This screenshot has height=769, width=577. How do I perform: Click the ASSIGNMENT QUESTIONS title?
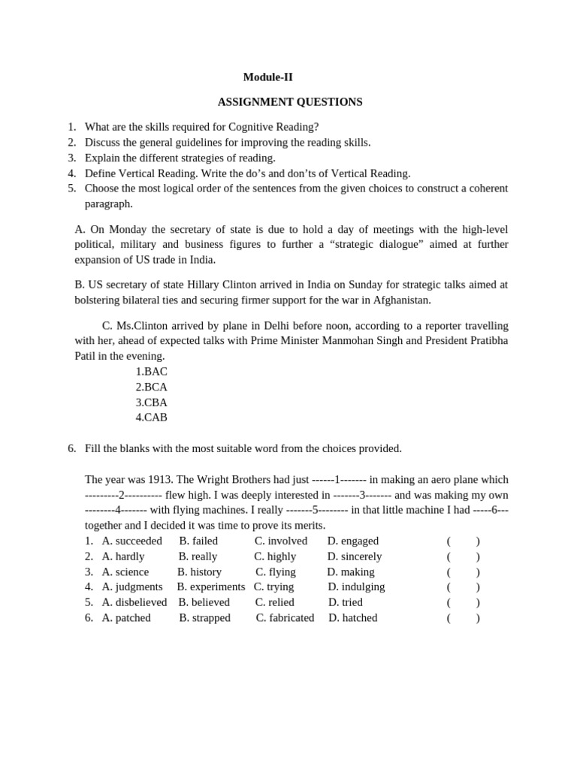[x=290, y=101]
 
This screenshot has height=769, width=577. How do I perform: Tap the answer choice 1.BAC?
[x=151, y=372]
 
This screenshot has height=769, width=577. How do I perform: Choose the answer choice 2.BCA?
[x=151, y=387]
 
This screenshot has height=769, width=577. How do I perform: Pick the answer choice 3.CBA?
[x=151, y=403]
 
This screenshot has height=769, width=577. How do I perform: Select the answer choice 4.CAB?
[x=151, y=418]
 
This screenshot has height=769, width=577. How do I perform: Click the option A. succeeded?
[x=131, y=541]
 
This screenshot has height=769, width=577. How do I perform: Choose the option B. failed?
[x=198, y=541]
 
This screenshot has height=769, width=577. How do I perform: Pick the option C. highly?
[x=275, y=556]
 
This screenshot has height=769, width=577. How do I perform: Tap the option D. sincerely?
[x=355, y=556]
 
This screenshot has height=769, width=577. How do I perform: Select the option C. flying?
[x=276, y=571]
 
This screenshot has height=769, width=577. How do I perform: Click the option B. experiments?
[x=211, y=587]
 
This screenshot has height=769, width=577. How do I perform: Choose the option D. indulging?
[x=356, y=587]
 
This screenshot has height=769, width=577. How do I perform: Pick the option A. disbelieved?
[x=134, y=602]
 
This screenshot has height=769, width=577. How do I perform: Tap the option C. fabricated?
[x=285, y=617]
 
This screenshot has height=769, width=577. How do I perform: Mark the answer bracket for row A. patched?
[x=463, y=618]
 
